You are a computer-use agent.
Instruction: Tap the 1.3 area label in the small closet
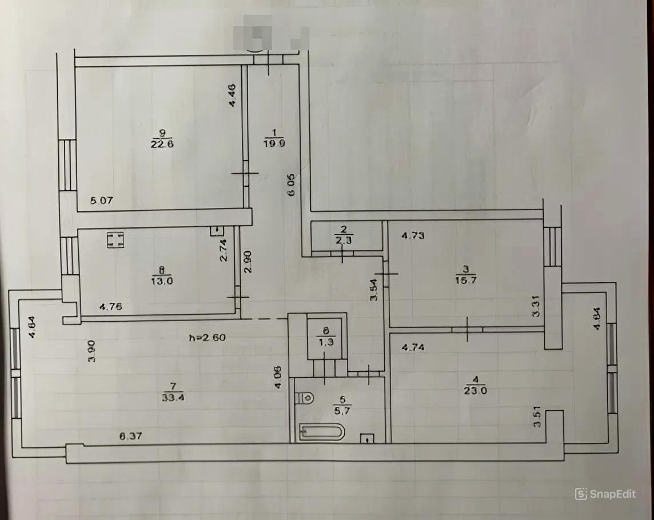coord(325,343)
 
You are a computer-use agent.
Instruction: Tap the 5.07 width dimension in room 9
coord(103,201)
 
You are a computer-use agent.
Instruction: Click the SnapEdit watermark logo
coord(605,494)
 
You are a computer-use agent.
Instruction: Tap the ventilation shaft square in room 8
coord(115,240)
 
